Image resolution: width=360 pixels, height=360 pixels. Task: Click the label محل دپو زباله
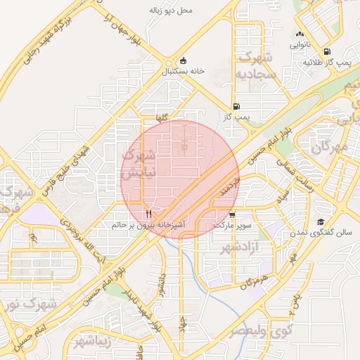pyautogui.click(x=171, y=11)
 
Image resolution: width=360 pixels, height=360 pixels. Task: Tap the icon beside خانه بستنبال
pyautogui.click(x=184, y=60)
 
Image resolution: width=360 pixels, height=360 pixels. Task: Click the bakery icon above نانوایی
pyautogui.click(x=300, y=34)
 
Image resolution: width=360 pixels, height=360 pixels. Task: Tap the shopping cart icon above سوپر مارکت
pyautogui.click(x=232, y=214)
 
